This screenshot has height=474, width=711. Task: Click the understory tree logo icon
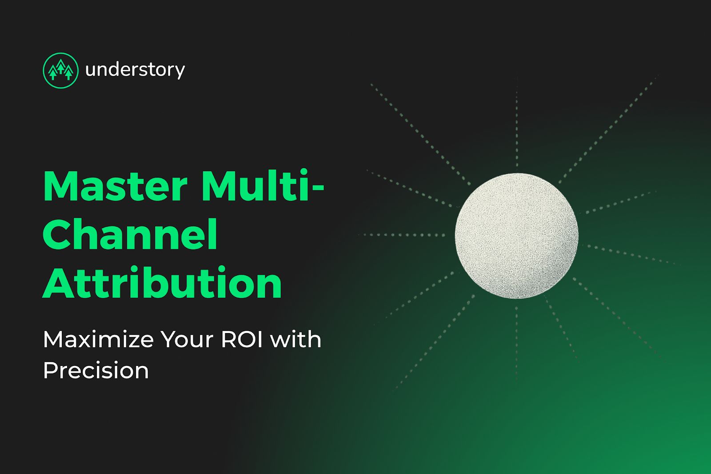pyautogui.click(x=60, y=70)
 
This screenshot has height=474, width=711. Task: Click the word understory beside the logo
pyautogui.click(x=135, y=70)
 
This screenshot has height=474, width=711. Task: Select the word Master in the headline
pyautogui.click(x=115, y=187)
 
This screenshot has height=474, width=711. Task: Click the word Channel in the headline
pyautogui.click(x=130, y=235)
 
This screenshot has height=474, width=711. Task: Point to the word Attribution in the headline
pyautogui.click(x=162, y=283)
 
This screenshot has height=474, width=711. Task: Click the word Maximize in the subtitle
pyautogui.click(x=98, y=340)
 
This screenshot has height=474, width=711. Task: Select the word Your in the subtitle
pyautogui.click(x=187, y=340)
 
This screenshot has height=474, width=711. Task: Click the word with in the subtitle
pyautogui.click(x=296, y=340)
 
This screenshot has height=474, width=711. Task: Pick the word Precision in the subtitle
pyautogui.click(x=96, y=370)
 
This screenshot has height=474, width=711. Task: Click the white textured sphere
pyautogui.click(x=516, y=236)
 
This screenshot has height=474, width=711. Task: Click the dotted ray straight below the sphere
pyautogui.click(x=517, y=342)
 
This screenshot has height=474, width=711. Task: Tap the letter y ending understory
pyautogui.click(x=180, y=72)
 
